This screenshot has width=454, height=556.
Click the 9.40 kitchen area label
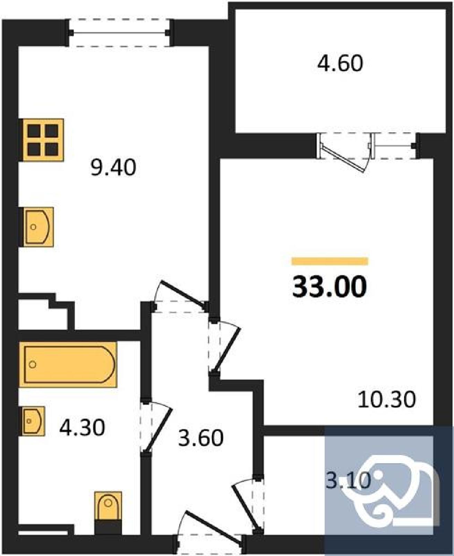[x=113, y=168]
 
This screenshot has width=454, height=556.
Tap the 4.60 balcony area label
[x=340, y=63]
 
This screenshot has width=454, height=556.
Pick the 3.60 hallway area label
[x=200, y=438]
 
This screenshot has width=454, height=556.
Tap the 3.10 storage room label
[x=348, y=480]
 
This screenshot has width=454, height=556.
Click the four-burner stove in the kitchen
[x=42, y=140]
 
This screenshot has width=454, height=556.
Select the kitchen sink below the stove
[x=38, y=227]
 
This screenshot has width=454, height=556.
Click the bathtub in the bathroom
[x=68, y=365]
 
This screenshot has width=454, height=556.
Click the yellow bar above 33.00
[x=330, y=261]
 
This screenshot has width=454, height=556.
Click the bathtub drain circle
[x=33, y=365]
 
